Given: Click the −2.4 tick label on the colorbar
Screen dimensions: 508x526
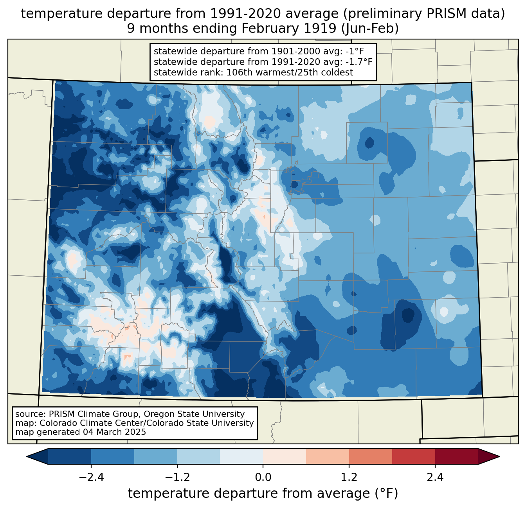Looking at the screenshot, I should (x=91, y=477).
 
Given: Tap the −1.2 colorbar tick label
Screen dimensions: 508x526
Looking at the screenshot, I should (x=177, y=477).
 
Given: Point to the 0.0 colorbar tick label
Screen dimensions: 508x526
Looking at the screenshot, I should (x=263, y=477).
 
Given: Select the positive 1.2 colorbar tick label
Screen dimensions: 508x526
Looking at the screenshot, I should (x=349, y=477).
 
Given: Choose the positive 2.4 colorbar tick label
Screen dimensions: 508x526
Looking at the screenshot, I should (x=435, y=477).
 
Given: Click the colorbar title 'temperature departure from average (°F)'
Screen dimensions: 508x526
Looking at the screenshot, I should (x=263, y=493).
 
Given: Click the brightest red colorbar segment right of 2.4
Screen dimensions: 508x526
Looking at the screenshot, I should (x=456, y=456).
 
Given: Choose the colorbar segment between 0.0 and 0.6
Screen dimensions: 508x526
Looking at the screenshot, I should (x=285, y=456).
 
